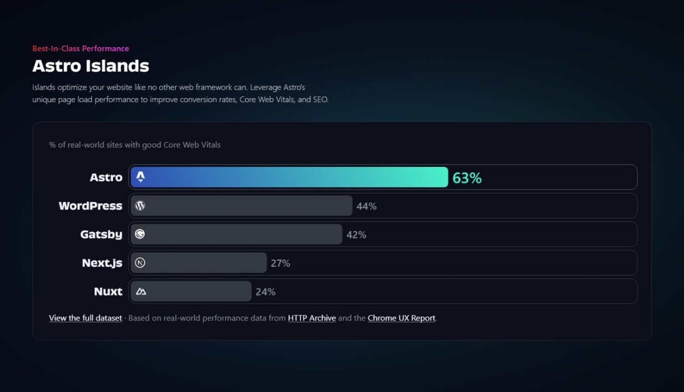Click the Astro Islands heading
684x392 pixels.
(x=90, y=66)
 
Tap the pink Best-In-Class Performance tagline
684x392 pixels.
(x=80, y=48)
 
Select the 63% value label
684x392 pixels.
(x=467, y=177)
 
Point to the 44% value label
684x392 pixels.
(x=366, y=206)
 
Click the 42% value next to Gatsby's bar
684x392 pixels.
(x=356, y=235)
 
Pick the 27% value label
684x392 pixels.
(x=280, y=263)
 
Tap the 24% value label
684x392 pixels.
(x=266, y=292)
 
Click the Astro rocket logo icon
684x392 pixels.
(x=140, y=177)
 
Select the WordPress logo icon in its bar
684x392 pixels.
(x=140, y=206)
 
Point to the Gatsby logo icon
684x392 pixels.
(x=140, y=235)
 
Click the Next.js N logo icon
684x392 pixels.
(x=140, y=263)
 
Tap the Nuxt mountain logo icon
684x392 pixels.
(x=141, y=292)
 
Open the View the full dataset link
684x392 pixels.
(x=85, y=318)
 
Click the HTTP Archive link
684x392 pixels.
(x=312, y=318)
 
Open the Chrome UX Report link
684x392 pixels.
(x=401, y=318)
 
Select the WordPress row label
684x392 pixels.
(x=90, y=206)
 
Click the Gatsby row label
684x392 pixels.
(x=101, y=235)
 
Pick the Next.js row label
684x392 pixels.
(x=102, y=263)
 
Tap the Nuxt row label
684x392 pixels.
(x=108, y=292)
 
